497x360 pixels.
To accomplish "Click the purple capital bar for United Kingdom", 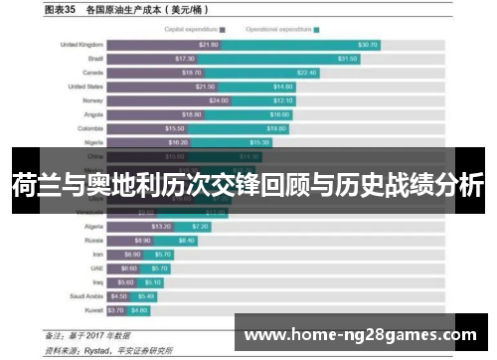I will pyautogui.click(x=164, y=45).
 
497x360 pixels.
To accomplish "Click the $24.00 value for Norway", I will pyautogui.click(x=219, y=100).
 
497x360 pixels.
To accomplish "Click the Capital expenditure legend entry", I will pyautogui.click(x=195, y=30).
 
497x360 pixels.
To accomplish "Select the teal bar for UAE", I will pyautogui.click(x=156, y=268).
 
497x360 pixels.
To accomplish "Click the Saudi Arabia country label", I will pyautogui.click(x=84, y=295).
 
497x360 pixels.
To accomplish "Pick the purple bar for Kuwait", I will pyautogui.click(x=116, y=309).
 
